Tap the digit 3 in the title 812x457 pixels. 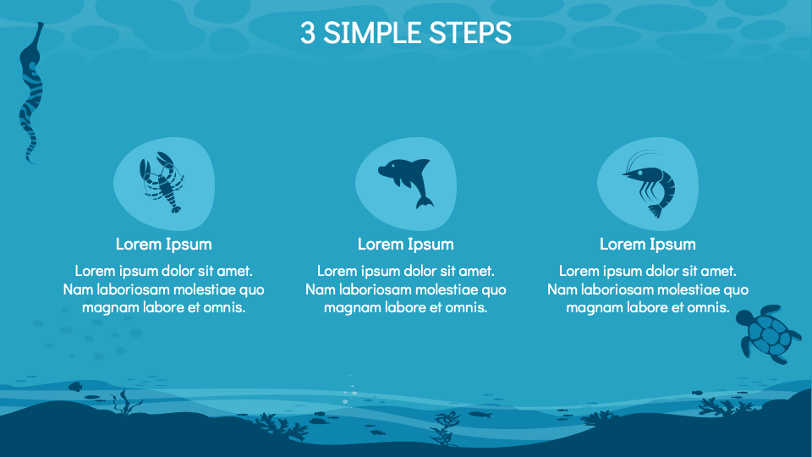[x=308, y=33]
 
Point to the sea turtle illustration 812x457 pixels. [x=766, y=335]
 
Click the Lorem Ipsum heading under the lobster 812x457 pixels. [x=164, y=245]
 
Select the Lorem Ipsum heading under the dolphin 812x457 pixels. [x=406, y=245]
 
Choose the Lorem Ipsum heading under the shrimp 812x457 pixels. [x=648, y=245]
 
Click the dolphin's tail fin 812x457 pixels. [x=425, y=201]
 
